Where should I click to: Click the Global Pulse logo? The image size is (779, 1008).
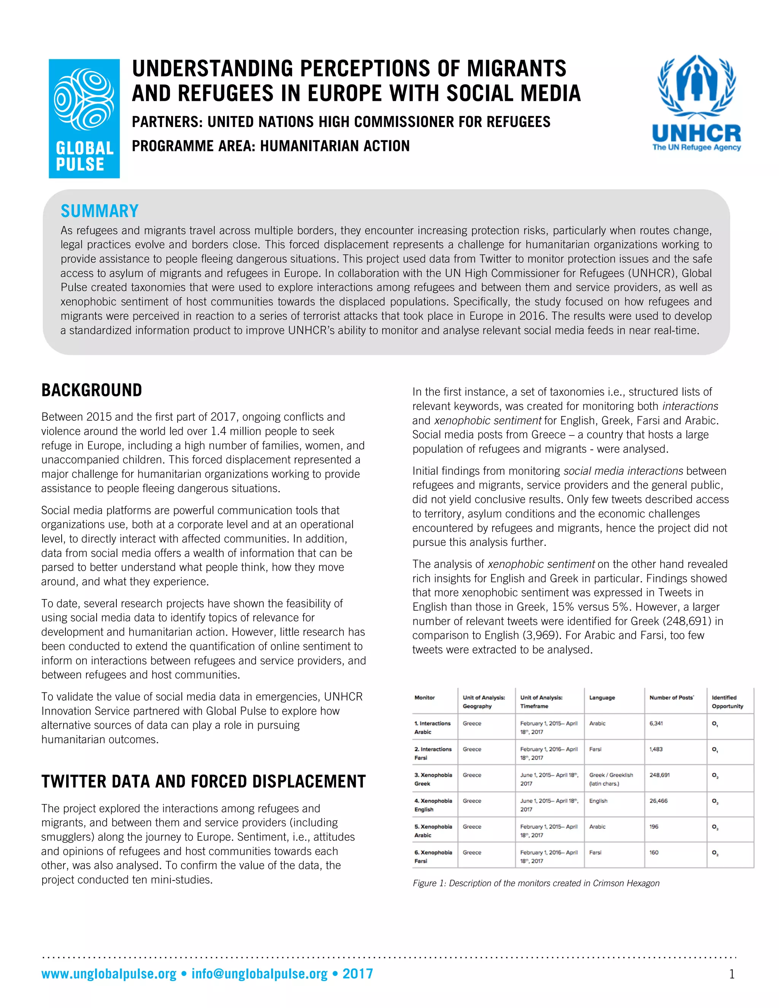(x=84, y=119)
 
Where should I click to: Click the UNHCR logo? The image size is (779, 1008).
(x=696, y=103)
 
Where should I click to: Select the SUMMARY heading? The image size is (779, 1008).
(x=100, y=211)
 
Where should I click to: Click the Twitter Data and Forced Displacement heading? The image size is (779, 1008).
(x=203, y=781)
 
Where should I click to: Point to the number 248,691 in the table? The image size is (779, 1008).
(x=660, y=775)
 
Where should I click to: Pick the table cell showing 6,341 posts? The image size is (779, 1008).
(x=656, y=723)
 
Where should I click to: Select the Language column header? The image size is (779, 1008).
(x=602, y=697)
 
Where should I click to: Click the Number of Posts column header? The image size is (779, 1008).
(x=671, y=697)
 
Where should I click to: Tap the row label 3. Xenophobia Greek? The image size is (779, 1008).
(x=433, y=779)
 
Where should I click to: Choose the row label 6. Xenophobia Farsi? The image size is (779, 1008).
(x=433, y=857)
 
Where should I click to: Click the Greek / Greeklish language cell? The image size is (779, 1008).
(x=611, y=779)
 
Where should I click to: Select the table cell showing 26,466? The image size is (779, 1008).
(x=658, y=801)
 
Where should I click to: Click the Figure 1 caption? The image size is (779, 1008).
(x=536, y=883)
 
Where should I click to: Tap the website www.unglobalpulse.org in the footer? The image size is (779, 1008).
(x=109, y=974)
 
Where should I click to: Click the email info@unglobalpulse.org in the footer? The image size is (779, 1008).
(x=259, y=974)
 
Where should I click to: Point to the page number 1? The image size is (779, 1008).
(x=731, y=974)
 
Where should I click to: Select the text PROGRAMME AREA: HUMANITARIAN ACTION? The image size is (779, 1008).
(x=270, y=146)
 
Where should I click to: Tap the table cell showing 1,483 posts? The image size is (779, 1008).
(x=656, y=749)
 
